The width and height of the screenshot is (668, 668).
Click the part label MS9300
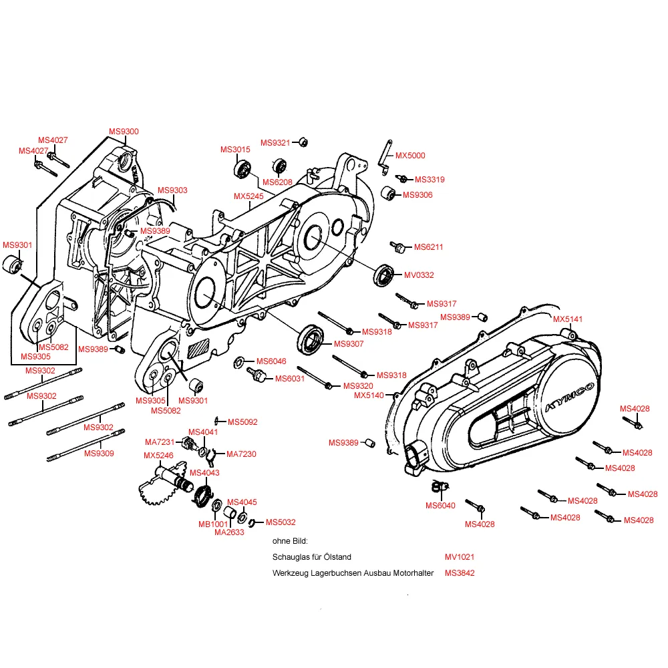[124, 132]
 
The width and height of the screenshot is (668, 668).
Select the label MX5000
[409, 156]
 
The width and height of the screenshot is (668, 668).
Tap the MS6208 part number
[277, 182]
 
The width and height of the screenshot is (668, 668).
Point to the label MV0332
[419, 275]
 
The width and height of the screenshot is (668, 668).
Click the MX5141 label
[568, 319]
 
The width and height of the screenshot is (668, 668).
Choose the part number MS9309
[99, 454]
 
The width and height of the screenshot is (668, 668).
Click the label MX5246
[158, 456]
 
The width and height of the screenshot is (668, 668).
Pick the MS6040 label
[440, 505]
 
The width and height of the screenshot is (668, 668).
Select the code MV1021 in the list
[460, 556]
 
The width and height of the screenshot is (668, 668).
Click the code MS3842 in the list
[460, 573]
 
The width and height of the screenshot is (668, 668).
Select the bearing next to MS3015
[242, 169]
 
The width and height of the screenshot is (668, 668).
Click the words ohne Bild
[290, 540]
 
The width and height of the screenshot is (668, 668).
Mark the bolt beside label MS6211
[399, 248]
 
